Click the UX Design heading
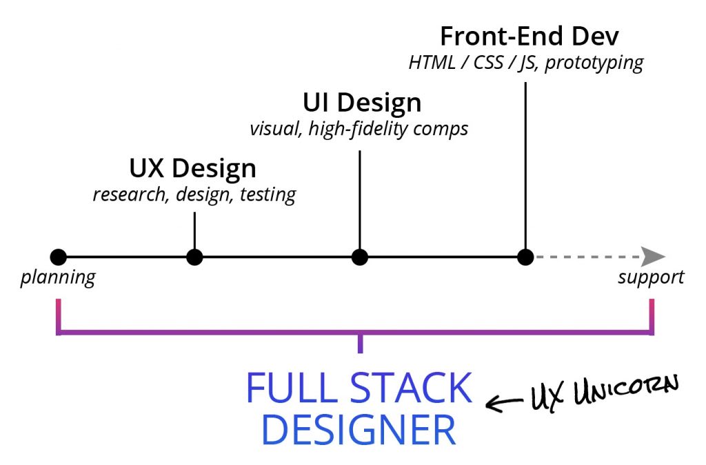(192, 168)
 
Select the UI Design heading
(362, 103)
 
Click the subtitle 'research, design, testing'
(194, 195)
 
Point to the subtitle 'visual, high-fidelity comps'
(359, 128)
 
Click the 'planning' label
(57, 278)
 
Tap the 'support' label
(651, 277)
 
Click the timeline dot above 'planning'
(59, 257)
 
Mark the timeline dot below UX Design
(195, 257)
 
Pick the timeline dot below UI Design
(359, 257)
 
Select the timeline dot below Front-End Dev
(525, 257)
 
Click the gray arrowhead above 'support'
(653, 257)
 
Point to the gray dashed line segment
(586, 257)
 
